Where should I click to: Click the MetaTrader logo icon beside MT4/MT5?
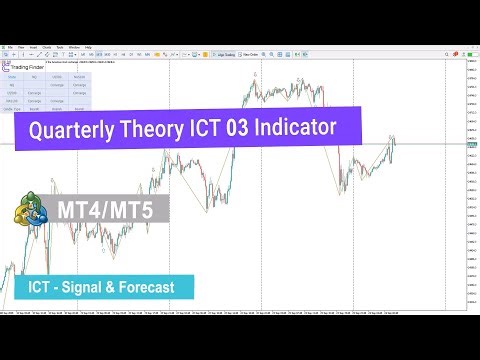[x=33, y=213]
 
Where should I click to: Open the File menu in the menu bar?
[x=7, y=47]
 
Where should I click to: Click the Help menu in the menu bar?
[x=88, y=47]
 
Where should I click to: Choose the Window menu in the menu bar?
[x=73, y=47]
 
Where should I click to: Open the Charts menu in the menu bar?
[x=46, y=47]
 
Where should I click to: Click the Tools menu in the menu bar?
[x=59, y=47]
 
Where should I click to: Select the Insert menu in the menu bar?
[x=32, y=47]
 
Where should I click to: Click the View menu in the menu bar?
[x=19, y=47]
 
